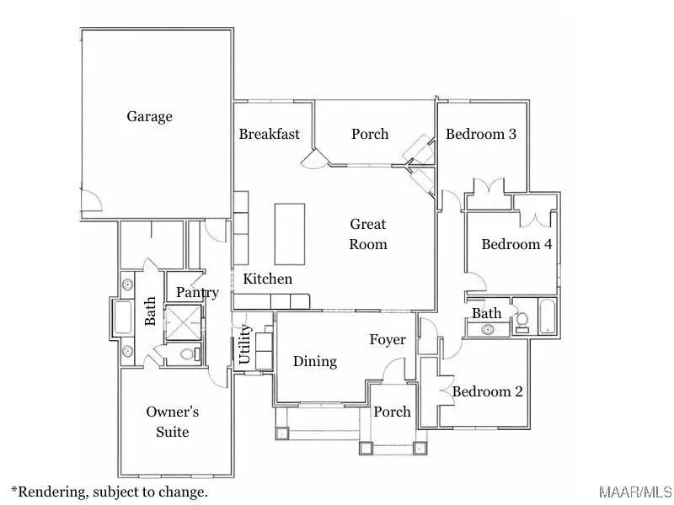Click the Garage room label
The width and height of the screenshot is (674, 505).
149,116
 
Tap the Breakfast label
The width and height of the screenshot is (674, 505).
269,134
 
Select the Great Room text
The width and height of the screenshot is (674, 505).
368,234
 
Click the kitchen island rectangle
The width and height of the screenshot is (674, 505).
289,234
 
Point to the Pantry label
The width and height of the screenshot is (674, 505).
197,293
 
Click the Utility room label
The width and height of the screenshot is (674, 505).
245,345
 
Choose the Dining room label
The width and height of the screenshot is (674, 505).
314,361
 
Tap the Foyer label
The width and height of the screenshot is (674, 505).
388,340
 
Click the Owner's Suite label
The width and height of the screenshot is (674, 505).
172,422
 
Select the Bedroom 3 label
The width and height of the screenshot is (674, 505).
480,134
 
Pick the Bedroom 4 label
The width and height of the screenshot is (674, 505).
516,244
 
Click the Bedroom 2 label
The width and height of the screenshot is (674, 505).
487,391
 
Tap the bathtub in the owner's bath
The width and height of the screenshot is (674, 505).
123,318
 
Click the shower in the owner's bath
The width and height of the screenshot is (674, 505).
183,322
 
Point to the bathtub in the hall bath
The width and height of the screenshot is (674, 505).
547,316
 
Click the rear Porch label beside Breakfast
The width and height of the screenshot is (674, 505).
370,134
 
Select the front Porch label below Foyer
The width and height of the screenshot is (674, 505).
392,412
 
